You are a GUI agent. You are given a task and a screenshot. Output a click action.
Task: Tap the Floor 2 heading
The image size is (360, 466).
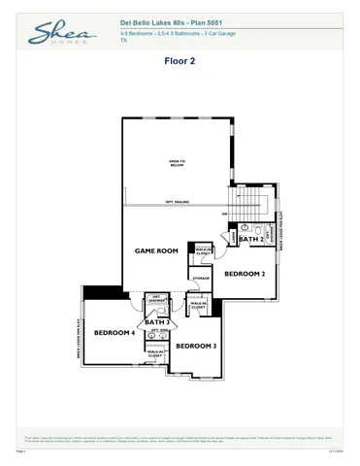(x=180, y=60)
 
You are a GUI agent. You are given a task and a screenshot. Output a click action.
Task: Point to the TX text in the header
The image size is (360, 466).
(x=123, y=42)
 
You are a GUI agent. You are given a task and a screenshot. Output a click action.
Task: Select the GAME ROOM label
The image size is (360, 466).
(x=156, y=250)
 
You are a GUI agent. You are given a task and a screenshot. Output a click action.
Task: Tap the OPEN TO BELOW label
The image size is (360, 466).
(x=178, y=163)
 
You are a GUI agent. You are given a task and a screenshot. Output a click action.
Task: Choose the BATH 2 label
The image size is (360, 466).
(x=249, y=239)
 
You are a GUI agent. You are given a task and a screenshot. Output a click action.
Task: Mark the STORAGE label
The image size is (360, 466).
(x=201, y=279)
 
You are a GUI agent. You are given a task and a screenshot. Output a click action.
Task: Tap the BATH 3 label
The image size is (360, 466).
(x=156, y=321)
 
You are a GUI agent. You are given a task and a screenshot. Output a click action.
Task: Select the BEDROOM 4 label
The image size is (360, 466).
(x=113, y=333)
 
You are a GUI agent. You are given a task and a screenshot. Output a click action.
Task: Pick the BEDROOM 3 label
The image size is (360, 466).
(x=195, y=346)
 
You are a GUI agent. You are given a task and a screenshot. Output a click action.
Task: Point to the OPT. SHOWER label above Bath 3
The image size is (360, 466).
(x=155, y=299)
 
